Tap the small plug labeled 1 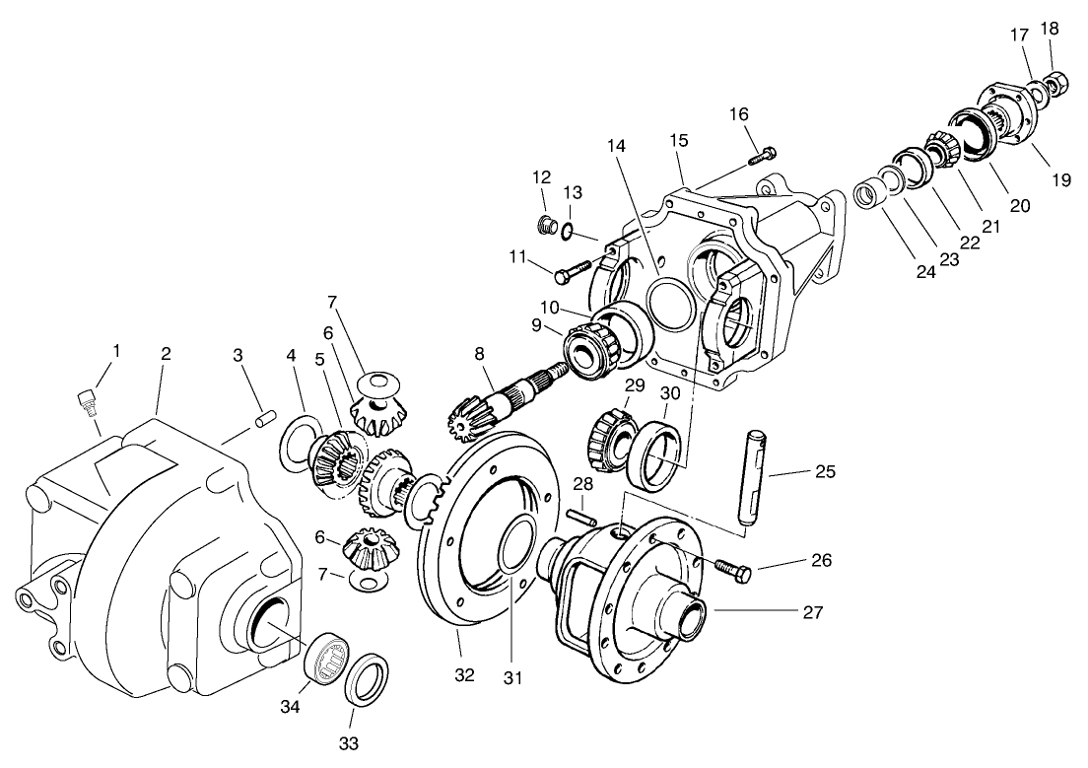(x=86, y=399)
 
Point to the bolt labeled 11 (x=571, y=268)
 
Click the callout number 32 (x=464, y=675)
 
